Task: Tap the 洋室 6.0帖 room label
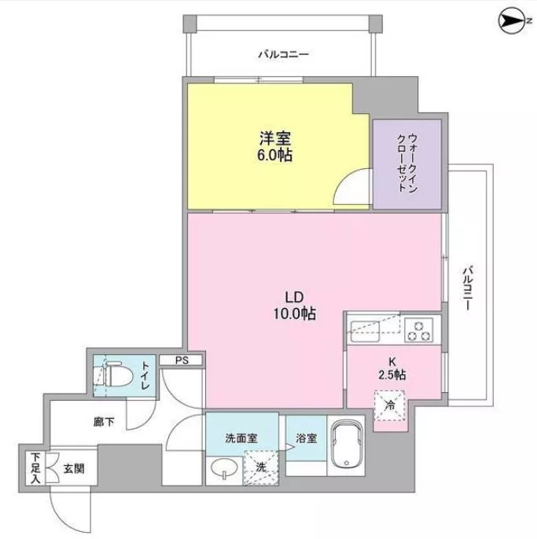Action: (275, 146)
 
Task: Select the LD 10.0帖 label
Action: (295, 305)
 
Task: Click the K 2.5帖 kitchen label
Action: (392, 368)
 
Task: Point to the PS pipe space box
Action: (182, 360)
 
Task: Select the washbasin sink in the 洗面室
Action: (224, 468)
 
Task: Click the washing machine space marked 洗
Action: (261, 467)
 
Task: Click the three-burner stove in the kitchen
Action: (418, 330)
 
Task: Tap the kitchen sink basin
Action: (365, 332)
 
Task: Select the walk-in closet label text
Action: (407, 163)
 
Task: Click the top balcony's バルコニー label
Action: (284, 54)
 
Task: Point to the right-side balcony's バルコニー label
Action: (467, 288)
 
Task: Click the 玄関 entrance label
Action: (74, 468)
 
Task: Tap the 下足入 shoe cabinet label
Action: (35, 468)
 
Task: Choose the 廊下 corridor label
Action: (104, 422)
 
